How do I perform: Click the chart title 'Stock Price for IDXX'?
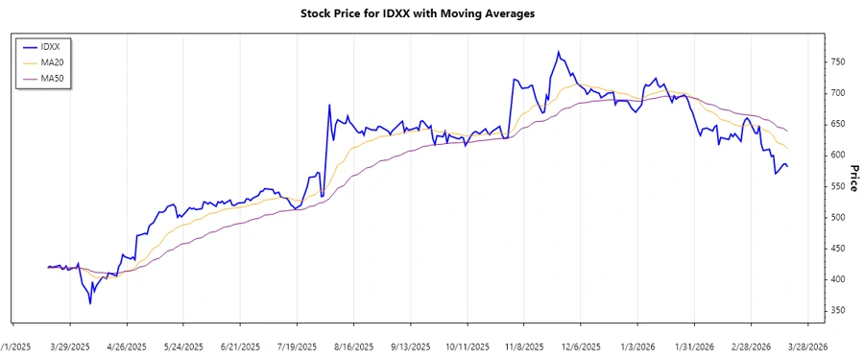point(431,13)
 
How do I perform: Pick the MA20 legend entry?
point(52,61)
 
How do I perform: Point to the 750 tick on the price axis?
point(840,62)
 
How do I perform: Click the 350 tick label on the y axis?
point(840,311)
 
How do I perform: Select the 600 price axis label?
point(840,156)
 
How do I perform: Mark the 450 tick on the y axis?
point(840,249)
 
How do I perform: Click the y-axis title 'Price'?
point(854,177)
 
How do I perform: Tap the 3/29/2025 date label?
point(70,346)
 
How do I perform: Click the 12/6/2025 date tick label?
point(580,346)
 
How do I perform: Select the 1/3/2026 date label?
point(636,346)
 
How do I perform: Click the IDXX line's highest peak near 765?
point(558,52)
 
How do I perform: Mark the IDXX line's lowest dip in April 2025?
point(90,303)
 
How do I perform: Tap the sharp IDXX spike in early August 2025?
point(329,105)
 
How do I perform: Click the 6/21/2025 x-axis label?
point(240,346)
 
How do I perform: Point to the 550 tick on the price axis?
point(840,186)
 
